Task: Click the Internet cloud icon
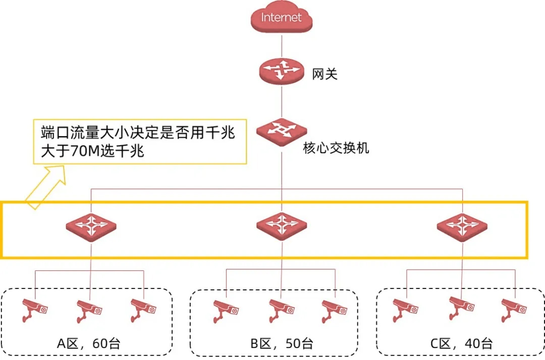[x=282, y=18]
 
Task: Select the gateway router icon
[x=282, y=71]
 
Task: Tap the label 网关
[x=324, y=75]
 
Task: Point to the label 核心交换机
[x=336, y=148]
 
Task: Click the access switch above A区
[x=91, y=225]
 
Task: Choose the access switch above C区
[x=462, y=225]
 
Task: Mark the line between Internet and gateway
[x=282, y=44]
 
